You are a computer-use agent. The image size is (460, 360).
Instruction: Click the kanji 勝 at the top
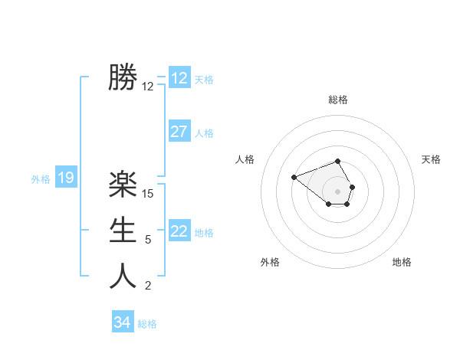[123, 77]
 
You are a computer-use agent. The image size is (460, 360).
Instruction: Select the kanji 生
[123, 230]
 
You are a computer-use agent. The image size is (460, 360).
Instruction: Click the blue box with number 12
[179, 78]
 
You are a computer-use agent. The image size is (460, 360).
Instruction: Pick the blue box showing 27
[179, 132]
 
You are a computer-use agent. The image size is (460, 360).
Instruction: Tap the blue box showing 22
[179, 231]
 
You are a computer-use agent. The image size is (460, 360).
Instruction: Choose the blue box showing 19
[66, 178]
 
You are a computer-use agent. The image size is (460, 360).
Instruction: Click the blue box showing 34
[122, 322]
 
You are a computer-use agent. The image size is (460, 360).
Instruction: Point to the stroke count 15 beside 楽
[148, 194]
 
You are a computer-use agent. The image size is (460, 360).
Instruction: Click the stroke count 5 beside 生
[148, 240]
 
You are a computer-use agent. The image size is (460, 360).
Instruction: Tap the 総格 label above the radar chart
[338, 100]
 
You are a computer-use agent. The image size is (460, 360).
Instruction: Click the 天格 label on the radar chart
[432, 159]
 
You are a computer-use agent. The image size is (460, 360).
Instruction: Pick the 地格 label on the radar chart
[402, 262]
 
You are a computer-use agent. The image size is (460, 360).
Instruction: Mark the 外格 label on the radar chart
[270, 262]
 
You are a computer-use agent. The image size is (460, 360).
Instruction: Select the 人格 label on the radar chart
[245, 159]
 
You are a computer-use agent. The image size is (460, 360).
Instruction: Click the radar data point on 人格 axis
[294, 177]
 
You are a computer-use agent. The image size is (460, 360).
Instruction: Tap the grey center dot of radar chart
[338, 191]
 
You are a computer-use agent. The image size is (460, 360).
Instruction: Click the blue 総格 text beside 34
[147, 324]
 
